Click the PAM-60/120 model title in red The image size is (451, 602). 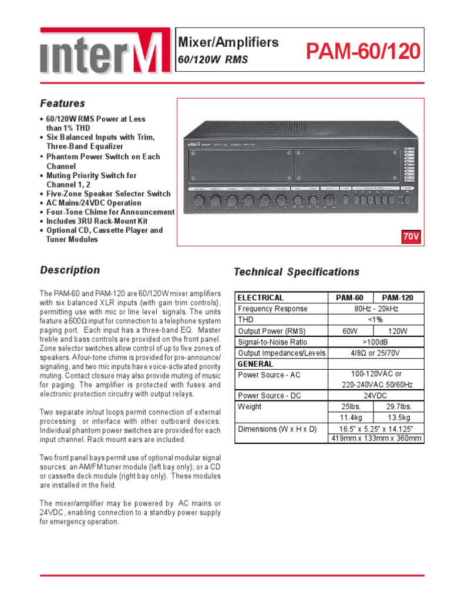coord(364,52)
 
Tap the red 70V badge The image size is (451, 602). coord(411,236)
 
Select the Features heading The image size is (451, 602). coord(62,103)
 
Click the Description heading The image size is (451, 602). coord(69,270)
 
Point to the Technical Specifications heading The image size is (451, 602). coord(296,272)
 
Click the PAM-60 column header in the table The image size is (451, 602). coord(350,297)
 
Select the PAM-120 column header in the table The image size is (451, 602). coord(399,297)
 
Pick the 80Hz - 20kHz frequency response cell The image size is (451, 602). coord(375,309)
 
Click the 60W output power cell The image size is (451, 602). coord(350,331)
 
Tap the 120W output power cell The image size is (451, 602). coord(399,331)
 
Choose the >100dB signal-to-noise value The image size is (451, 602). coord(375,342)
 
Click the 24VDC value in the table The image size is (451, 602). coord(375,396)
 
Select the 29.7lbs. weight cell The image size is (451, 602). coord(399,407)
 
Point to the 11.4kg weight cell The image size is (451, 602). coord(350,418)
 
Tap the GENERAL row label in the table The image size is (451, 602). coord(255,364)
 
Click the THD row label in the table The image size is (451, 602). coord(246,320)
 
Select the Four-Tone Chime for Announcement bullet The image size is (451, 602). coord(110,212)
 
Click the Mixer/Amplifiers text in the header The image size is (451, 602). coord(228,42)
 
